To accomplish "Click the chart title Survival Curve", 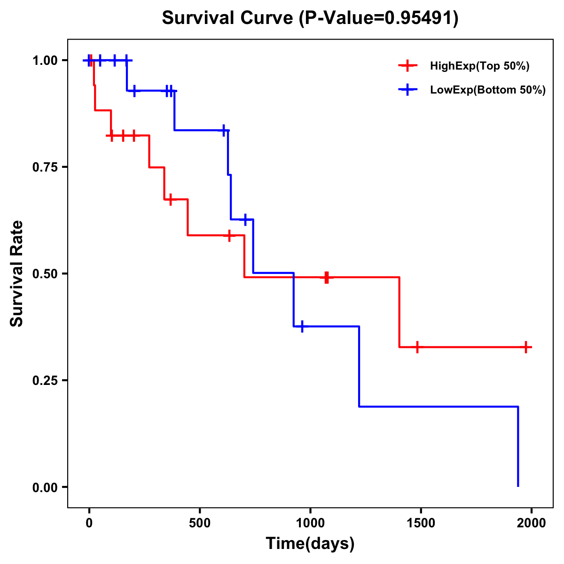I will (x=228, y=18).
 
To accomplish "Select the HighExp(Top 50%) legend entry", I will (x=479, y=66).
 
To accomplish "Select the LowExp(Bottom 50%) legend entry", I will (x=487, y=90).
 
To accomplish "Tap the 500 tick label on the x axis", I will (x=200, y=524).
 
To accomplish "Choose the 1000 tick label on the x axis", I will (x=310, y=524).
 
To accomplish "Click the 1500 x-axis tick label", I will (x=421, y=524).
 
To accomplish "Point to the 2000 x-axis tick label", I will (x=532, y=524).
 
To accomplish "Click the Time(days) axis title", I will (x=310, y=544).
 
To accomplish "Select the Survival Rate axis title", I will (x=17, y=274).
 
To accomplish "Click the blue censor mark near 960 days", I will (x=302, y=326).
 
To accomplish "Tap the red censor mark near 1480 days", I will (x=417, y=347).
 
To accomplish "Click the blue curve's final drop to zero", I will (x=518, y=446).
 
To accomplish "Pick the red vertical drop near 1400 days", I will (x=399, y=312).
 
